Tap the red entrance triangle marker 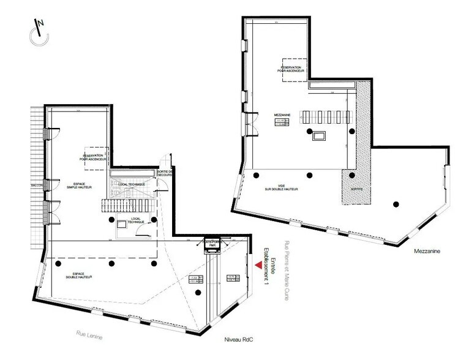pos(257,266)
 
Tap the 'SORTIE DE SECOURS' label pos(165,174)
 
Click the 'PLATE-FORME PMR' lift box pos(212,244)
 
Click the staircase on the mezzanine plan pos(327,116)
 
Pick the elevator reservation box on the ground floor pos(97,156)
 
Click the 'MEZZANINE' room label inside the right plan pos(282,114)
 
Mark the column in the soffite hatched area pos(352,175)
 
